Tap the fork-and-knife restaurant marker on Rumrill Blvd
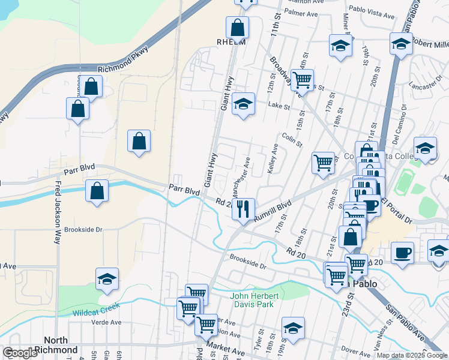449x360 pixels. pyautogui.click(x=243, y=208)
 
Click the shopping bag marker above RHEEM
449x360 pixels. pyautogui.click(x=237, y=27)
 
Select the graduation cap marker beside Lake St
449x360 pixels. pyautogui.click(x=243, y=103)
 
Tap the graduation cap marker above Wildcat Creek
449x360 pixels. pyautogui.click(x=107, y=278)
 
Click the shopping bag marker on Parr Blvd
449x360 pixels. pyautogui.click(x=97, y=191)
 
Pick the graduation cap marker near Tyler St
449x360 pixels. pyautogui.click(x=293, y=328)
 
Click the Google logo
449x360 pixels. pyautogui.click(x=20, y=353)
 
